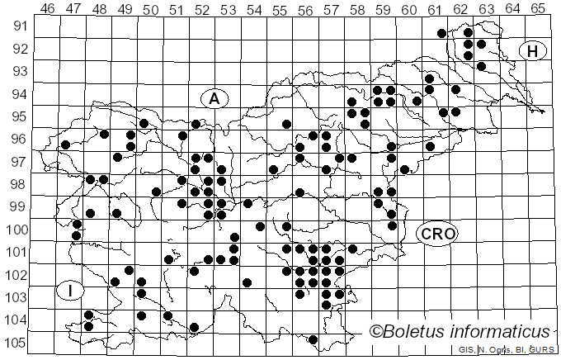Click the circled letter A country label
214,98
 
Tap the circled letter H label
534,51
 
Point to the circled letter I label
71,291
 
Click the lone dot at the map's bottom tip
313,339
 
